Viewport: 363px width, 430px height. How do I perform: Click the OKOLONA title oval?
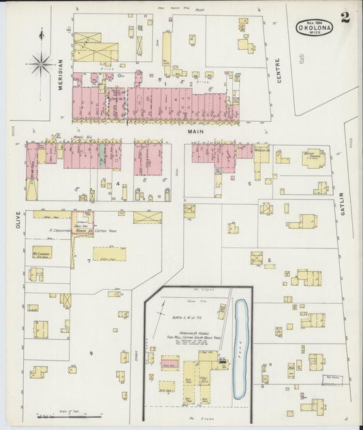click(314, 28)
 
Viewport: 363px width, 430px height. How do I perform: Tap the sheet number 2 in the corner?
click(345, 18)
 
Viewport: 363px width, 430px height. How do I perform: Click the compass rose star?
click(41, 65)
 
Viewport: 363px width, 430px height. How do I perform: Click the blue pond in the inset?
click(240, 347)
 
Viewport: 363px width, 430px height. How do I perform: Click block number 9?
click(91, 333)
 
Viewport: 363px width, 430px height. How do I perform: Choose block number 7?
click(89, 261)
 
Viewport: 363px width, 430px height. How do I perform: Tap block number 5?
click(249, 183)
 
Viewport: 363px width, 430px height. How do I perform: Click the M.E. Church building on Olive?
click(40, 252)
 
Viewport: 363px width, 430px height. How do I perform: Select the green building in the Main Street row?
click(101, 155)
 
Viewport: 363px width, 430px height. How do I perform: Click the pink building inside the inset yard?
click(170, 365)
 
